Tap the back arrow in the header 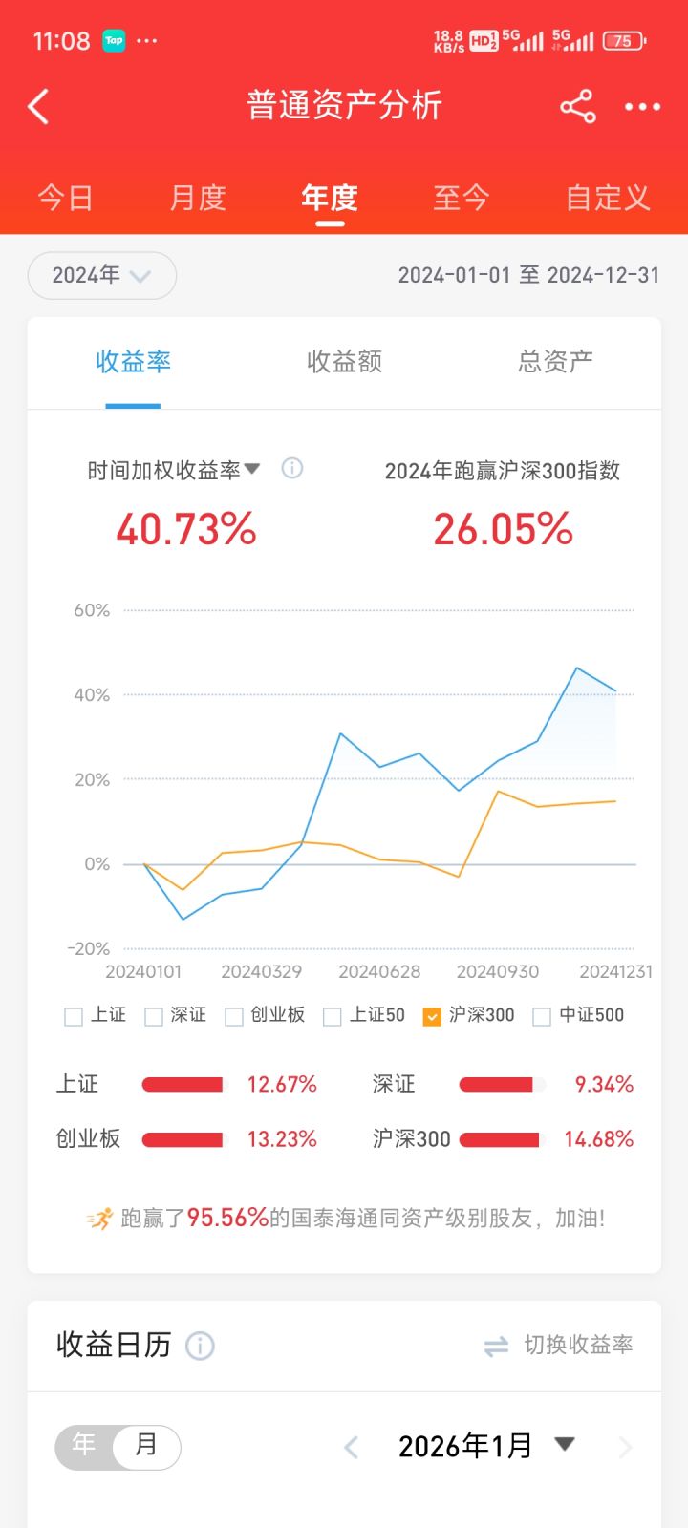(38, 107)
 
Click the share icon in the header (577, 107)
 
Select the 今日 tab (65, 198)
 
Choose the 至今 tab (461, 198)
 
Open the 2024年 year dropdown (101, 276)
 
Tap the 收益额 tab (344, 361)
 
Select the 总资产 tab (555, 361)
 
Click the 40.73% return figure (186, 529)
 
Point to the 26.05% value (503, 529)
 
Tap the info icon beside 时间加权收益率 (292, 468)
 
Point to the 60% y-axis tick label (92, 610)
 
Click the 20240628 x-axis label (379, 971)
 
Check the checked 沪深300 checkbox (432, 1016)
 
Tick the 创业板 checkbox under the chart (234, 1016)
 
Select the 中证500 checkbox (542, 1016)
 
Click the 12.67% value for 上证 (282, 1084)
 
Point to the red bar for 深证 (496, 1084)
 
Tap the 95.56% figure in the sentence (227, 1218)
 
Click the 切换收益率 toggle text (578, 1345)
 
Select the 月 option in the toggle (145, 1445)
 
